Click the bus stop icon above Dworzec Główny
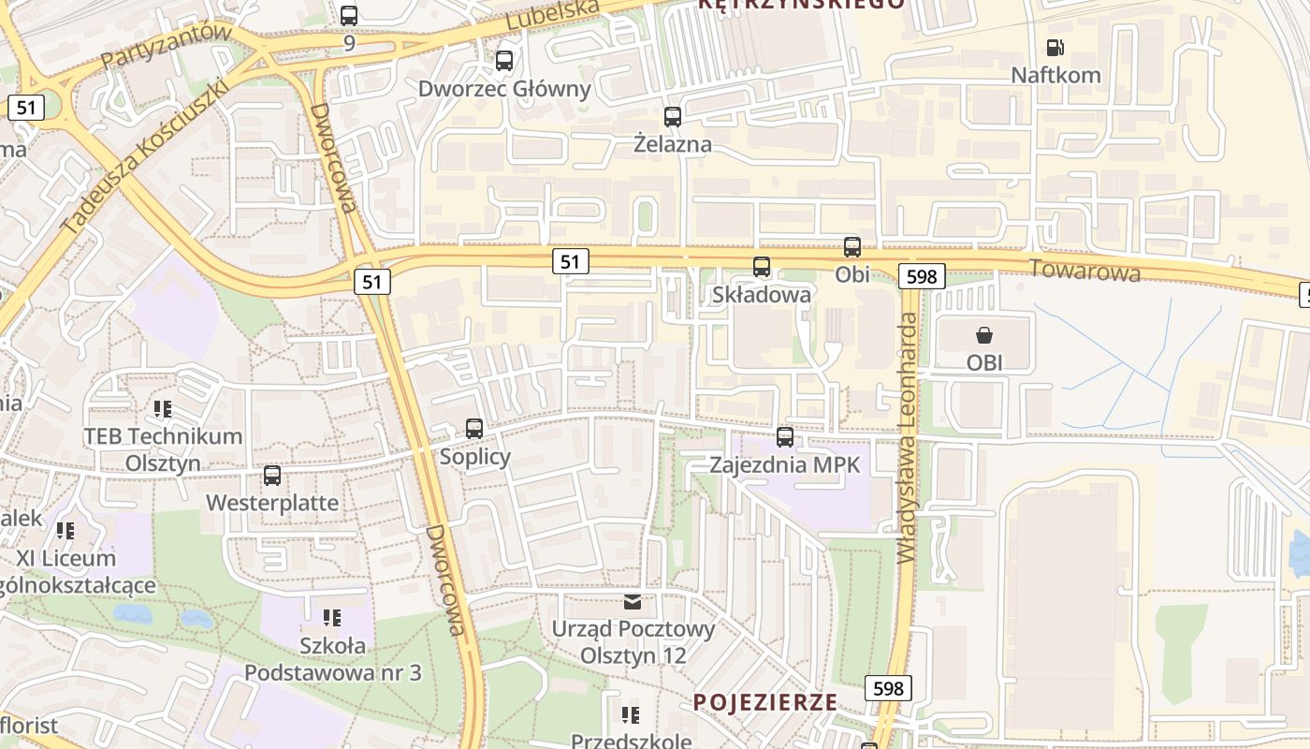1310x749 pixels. click(504, 61)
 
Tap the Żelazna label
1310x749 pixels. click(672, 144)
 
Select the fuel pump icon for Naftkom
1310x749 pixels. click(1055, 47)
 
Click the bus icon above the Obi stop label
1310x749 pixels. click(852, 247)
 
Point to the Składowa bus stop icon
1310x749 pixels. click(762, 267)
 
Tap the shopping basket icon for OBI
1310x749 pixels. click(984, 335)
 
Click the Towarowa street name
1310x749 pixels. click(1084, 270)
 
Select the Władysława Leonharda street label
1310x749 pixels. click(907, 437)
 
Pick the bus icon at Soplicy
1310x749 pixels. click(474, 429)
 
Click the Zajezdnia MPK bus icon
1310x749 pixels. click(785, 436)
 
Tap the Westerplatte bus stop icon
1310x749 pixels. click(272, 475)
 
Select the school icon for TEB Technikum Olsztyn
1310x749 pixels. click(163, 409)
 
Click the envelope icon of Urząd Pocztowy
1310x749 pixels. click(633, 601)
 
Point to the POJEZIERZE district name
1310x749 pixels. click(765, 702)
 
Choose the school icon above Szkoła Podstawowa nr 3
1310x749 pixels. click(332, 618)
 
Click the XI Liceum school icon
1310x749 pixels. click(65, 531)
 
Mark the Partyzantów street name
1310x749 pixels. click(166, 45)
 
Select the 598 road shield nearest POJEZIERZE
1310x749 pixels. click(888, 689)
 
